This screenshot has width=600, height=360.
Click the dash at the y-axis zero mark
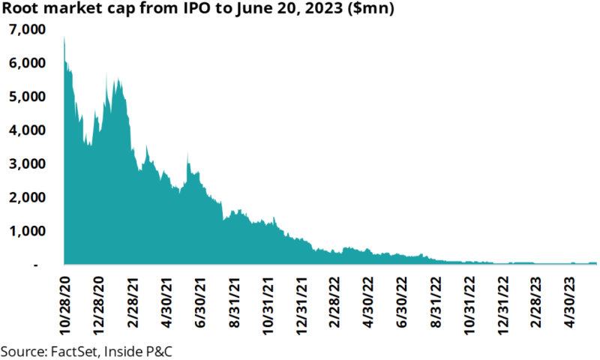(35, 265)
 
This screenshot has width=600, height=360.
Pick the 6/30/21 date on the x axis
(199, 304)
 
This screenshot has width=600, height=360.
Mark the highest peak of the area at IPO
(64, 37)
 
